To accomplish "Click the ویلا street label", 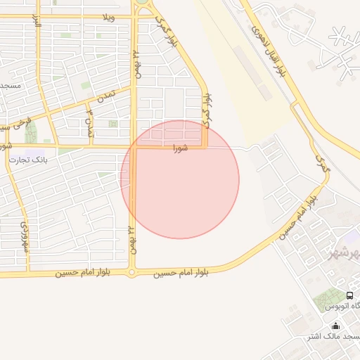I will (x=108, y=15).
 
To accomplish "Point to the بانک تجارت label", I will (x=27, y=160).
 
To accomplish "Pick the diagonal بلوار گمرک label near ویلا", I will (x=167, y=31).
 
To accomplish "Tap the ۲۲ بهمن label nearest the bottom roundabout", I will (x=132, y=239).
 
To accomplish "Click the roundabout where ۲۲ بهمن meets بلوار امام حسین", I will (x=131, y=272).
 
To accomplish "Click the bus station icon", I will (x=350, y=296).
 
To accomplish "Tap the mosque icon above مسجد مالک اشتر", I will (x=335, y=326).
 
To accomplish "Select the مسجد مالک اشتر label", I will (x=332, y=337).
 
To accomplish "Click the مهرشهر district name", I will (x=343, y=252).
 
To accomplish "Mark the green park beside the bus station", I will (x=328, y=299).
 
